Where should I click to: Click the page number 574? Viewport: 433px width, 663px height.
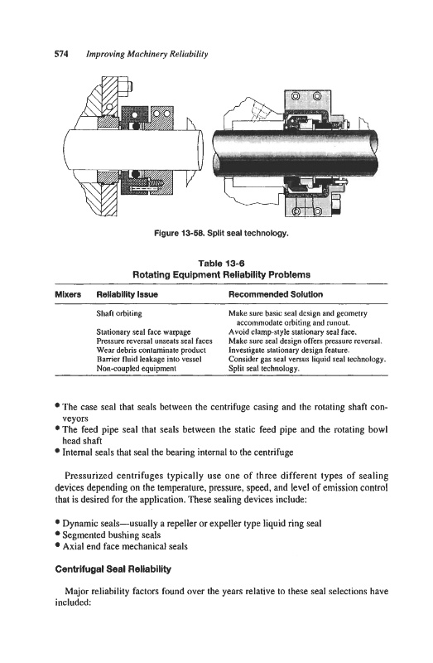(x=61, y=54)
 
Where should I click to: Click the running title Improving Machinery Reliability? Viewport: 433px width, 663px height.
(x=147, y=54)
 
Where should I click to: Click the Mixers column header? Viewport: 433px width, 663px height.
(x=68, y=295)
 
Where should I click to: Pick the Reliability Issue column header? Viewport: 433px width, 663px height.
(x=127, y=295)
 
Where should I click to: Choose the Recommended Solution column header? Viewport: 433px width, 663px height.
(x=276, y=295)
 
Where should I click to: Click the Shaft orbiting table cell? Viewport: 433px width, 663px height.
(x=119, y=314)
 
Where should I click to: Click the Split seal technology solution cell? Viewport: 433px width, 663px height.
(x=264, y=369)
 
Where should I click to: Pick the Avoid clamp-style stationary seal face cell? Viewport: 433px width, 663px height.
(x=293, y=332)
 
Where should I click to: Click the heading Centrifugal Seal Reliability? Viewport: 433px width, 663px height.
(x=113, y=569)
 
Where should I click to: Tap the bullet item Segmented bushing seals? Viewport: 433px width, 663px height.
(x=112, y=535)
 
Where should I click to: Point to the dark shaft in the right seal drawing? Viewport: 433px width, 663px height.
(x=296, y=153)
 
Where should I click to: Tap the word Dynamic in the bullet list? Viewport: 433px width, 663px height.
(x=77, y=524)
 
